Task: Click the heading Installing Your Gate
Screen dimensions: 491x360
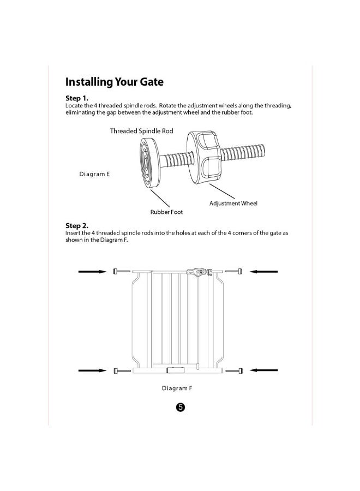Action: click(114, 82)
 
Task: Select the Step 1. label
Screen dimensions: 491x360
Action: click(77, 98)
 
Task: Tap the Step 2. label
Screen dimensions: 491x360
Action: click(77, 225)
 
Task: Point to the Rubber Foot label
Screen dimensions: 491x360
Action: click(166, 212)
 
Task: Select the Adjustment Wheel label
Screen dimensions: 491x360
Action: click(233, 203)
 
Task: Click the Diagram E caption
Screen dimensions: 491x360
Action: click(94, 174)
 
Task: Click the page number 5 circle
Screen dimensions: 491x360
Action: click(180, 408)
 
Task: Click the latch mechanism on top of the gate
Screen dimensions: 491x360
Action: click(199, 271)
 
